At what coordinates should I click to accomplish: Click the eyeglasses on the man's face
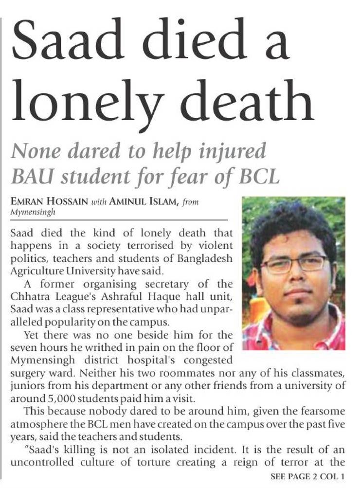(x=294, y=264)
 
